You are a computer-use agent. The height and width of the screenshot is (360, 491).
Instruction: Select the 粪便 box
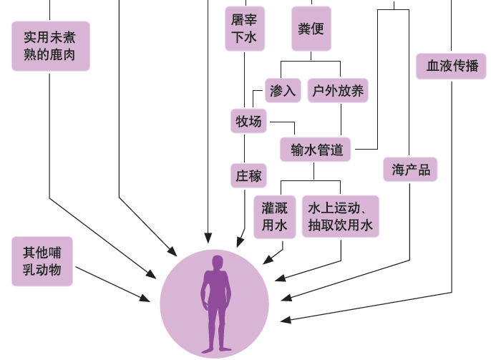311,29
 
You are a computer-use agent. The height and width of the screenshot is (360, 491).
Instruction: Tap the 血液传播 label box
452,67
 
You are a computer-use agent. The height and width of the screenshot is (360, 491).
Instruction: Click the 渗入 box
283,91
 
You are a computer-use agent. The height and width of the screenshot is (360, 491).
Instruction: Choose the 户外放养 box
339,91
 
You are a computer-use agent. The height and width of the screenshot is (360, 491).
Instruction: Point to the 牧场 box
248,122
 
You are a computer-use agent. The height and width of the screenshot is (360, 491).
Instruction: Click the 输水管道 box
317,150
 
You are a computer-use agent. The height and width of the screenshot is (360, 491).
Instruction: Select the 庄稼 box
248,175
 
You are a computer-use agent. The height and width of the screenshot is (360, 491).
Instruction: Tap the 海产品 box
410,170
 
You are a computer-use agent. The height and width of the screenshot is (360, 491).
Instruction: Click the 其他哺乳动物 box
42,261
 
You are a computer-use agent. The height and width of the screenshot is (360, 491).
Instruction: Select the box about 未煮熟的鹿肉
51,45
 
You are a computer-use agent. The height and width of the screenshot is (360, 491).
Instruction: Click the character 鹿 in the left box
63,55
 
